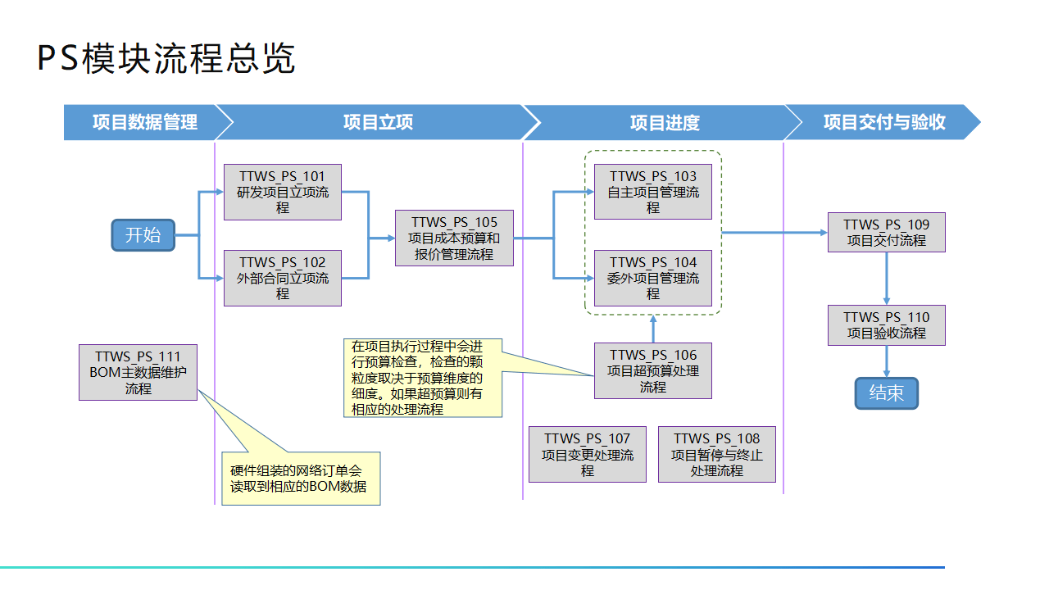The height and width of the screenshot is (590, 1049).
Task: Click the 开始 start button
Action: coord(143,235)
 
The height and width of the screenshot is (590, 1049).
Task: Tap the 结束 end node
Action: coord(886,393)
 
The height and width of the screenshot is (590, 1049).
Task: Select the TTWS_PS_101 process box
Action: coord(283,192)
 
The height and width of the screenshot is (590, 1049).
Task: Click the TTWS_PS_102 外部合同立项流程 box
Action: coord(283,278)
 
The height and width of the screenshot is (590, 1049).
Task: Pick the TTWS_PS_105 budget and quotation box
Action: coord(454,238)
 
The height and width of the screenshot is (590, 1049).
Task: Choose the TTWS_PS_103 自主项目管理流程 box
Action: coord(652,192)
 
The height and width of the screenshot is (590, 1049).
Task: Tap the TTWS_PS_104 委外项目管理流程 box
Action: coord(652,278)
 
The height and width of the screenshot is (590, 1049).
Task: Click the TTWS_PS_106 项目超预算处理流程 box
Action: coord(652,370)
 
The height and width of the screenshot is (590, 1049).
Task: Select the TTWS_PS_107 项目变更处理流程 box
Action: coord(587,454)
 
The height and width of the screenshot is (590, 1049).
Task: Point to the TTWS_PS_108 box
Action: coord(716,454)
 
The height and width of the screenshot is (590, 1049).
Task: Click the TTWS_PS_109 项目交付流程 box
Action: coord(886,232)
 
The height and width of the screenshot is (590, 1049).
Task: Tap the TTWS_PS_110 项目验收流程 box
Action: coord(886,324)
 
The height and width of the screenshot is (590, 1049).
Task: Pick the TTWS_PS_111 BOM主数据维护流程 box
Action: coord(138,372)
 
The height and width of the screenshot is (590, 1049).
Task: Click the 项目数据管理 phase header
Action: coord(144,122)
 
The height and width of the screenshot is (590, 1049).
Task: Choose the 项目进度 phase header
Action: coord(664,122)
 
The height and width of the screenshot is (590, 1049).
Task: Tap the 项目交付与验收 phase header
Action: coord(883,122)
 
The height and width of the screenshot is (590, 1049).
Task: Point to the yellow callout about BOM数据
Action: coord(301,478)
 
